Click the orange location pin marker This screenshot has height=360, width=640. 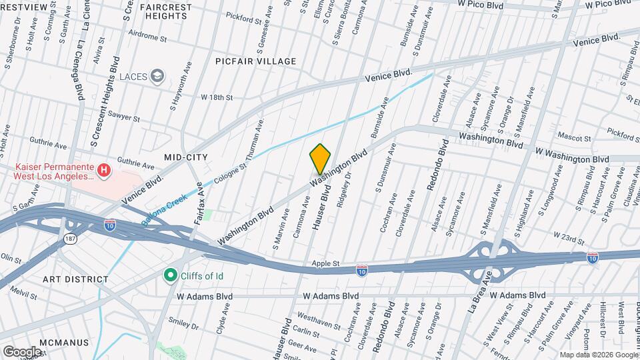coord(321,159)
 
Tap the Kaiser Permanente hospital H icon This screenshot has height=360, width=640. coord(104,171)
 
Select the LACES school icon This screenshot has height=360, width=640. coord(157,76)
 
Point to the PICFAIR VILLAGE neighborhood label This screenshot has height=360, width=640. coord(255,61)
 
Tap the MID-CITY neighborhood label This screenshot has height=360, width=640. coord(186,157)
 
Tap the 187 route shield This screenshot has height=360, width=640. coord(69,238)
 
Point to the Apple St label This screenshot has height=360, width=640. coord(327,264)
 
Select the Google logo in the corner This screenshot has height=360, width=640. coord(22,351)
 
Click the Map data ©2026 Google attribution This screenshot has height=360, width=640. coord(599,355)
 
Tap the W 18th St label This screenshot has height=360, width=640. coord(217,97)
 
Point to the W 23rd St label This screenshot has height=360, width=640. coord(568,235)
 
